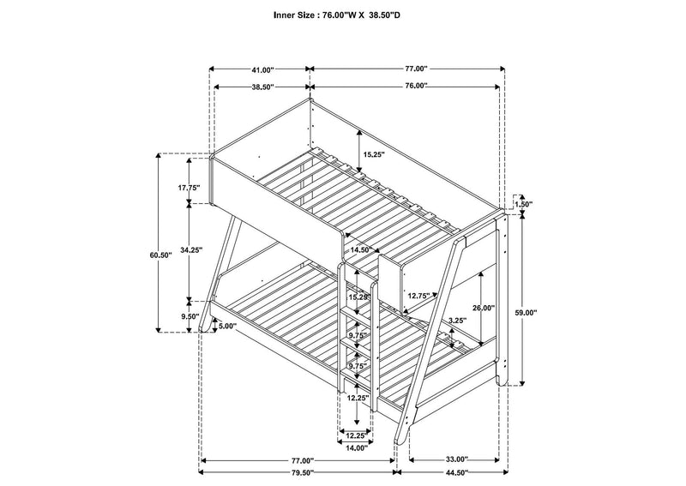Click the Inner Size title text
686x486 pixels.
[x=337, y=15]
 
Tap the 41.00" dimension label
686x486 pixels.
[x=262, y=69]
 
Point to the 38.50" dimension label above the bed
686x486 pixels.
[x=262, y=87]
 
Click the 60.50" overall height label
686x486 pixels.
[x=161, y=255]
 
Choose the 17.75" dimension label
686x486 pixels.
[x=189, y=188]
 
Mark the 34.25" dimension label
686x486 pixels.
[x=191, y=250]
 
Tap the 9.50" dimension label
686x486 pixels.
[x=191, y=316]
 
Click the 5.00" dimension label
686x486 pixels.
[x=228, y=326]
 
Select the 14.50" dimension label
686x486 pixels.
[x=361, y=249]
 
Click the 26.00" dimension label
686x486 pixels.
[x=484, y=308]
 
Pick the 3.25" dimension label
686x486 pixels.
[x=458, y=320]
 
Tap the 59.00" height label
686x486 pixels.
[x=526, y=313]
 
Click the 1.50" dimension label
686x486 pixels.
[x=524, y=204]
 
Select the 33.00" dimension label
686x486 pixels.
[x=457, y=459]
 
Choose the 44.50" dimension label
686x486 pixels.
[x=457, y=472]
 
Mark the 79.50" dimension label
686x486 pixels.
[x=303, y=472]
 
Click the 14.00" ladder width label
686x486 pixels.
[x=357, y=447]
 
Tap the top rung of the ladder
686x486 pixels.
[x=357, y=311]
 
